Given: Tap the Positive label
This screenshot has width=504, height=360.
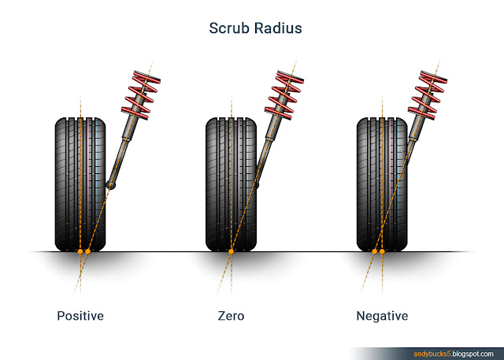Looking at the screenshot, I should click(x=80, y=316).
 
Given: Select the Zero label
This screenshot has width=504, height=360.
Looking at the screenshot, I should click(x=231, y=316).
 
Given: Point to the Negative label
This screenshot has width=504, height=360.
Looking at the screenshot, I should click(x=382, y=316).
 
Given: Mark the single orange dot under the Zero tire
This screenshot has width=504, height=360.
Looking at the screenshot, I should click(x=231, y=252).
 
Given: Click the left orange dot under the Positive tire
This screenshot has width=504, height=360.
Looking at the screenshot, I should click(x=80, y=252).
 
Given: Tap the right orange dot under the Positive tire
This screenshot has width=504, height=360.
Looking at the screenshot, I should click(x=88, y=252).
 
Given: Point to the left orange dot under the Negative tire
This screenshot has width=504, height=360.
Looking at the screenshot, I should click(x=375, y=252).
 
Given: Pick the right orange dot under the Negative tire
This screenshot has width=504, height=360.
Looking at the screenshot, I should click(x=382, y=252).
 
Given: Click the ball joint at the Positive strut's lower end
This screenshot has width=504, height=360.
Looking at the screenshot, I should click(x=110, y=186).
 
